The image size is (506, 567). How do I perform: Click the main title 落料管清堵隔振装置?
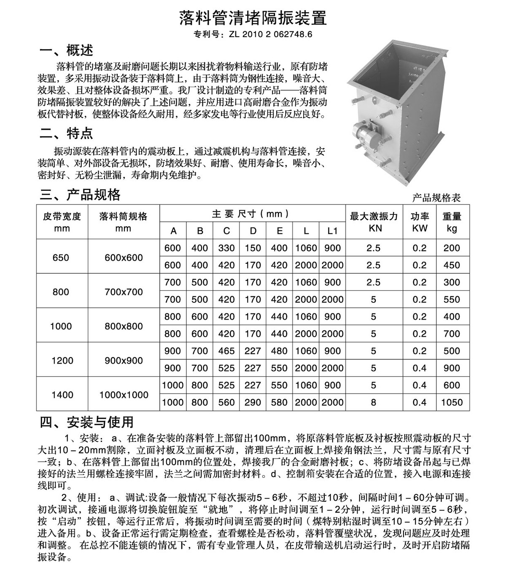[253, 18]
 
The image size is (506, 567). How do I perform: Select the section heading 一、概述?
[66, 51]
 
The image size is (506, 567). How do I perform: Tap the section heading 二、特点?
[66, 134]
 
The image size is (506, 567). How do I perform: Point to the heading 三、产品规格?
[80, 195]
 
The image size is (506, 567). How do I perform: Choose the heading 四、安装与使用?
[86, 422]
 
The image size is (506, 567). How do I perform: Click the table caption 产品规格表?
[436, 198]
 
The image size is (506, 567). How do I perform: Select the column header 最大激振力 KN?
[374, 222]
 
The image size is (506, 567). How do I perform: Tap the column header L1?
[333, 231]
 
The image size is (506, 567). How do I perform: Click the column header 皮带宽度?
[62, 217]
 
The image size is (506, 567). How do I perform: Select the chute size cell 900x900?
[124, 361]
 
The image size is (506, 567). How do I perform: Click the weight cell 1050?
[452, 402]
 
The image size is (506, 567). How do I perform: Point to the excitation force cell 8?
[374, 402]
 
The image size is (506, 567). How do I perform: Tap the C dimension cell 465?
[226, 351]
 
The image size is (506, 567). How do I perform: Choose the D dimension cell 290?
[253, 402]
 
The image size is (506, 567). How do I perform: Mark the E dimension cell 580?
[279, 402]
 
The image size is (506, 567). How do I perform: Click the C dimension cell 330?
[226, 248]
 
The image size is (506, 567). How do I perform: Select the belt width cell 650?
[61, 257]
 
